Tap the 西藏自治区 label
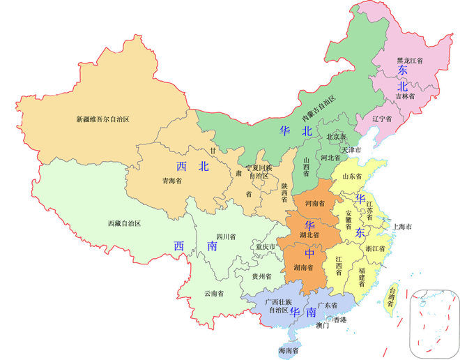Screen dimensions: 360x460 click(x=124, y=223)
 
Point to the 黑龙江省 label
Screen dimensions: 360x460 click(x=410, y=61)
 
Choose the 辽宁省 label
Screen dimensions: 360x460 click(x=381, y=119)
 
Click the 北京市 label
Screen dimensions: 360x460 click(x=336, y=136)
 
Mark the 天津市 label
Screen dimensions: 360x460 click(x=351, y=150)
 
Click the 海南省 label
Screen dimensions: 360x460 click(x=288, y=350)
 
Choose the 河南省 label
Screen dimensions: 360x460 click(x=314, y=203)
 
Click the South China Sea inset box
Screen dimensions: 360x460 click(x=435, y=320)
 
